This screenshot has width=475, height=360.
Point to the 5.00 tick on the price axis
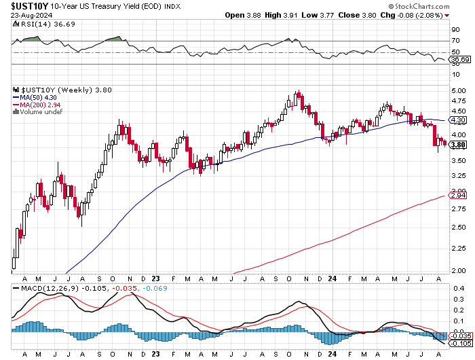pos(459,90)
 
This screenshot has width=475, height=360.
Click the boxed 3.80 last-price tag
pos(459,145)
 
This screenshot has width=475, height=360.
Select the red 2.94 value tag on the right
pos(459,195)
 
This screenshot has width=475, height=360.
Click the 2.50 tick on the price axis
pos(459,227)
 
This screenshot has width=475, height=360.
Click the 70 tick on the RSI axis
pos(456,41)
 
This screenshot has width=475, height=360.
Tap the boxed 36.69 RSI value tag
pos(461,60)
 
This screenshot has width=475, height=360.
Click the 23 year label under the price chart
pos(156,278)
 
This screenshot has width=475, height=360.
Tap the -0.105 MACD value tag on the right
pos(461,343)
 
